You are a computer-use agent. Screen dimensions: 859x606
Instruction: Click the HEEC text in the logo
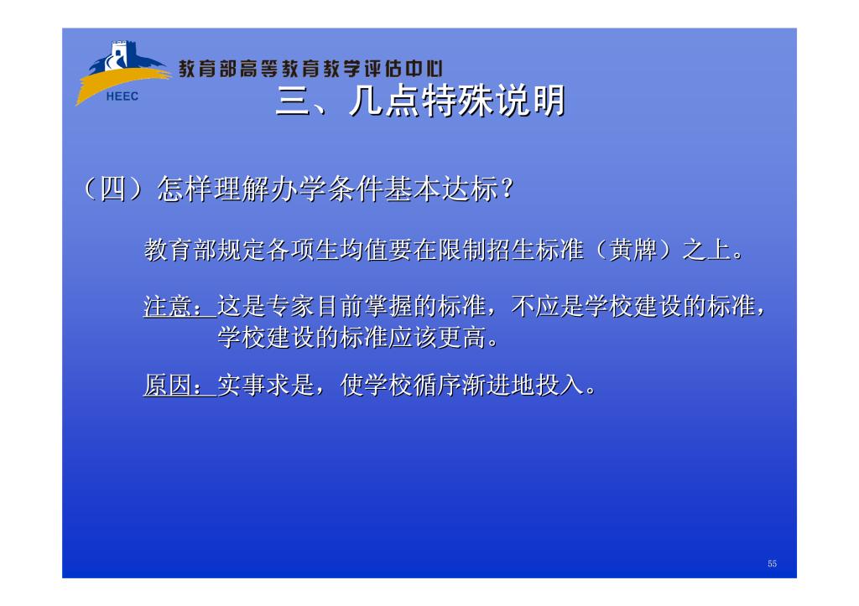click(x=122, y=96)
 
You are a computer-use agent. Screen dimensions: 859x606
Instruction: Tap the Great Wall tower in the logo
click(x=119, y=54)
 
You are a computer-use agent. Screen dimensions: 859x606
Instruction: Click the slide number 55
click(x=772, y=563)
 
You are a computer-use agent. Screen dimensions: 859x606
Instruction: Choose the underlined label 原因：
click(x=180, y=385)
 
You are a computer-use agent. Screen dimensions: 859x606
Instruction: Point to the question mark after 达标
click(x=508, y=189)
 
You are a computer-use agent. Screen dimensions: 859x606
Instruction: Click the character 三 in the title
click(x=294, y=101)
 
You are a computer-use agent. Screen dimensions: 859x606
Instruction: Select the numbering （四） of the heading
click(x=114, y=189)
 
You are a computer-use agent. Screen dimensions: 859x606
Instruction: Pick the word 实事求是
click(x=266, y=385)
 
